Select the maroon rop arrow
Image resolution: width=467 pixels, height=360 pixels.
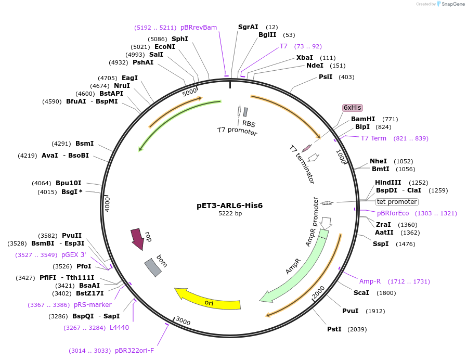click(137, 238)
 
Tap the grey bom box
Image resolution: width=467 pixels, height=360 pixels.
click(152, 267)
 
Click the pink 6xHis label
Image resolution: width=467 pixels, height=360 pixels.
click(352, 108)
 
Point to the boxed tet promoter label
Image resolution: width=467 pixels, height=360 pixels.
click(397, 202)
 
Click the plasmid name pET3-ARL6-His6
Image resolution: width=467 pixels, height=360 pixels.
click(229, 205)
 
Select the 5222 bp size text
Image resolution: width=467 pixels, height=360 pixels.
click(230, 214)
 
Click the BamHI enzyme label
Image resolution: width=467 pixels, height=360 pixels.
click(362, 119)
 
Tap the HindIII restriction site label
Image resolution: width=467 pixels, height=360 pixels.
click(388, 183)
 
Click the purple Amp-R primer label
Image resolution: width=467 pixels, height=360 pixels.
click(370, 281)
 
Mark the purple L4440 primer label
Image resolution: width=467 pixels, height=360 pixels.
click(119, 328)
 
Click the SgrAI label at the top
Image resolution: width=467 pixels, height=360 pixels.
click(248, 27)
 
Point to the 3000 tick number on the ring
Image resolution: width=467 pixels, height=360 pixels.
click(183, 321)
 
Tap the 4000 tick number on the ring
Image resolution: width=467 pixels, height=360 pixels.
click(107, 203)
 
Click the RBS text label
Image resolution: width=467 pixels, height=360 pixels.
click(249, 124)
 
